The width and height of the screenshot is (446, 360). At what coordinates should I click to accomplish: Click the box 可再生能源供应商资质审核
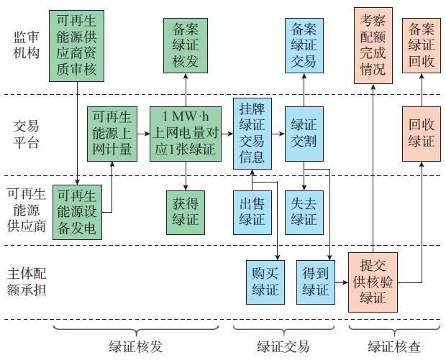click(78, 45)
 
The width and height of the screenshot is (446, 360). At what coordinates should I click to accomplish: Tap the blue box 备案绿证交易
click(302, 45)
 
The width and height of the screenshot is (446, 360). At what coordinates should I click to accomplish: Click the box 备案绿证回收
click(422, 45)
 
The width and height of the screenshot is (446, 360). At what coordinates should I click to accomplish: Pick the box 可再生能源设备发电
click(78, 212)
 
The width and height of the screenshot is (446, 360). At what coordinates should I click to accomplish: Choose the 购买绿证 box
click(265, 281)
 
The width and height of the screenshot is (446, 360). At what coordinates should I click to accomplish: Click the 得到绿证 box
click(315, 281)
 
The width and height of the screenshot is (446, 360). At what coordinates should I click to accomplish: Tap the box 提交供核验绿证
click(373, 281)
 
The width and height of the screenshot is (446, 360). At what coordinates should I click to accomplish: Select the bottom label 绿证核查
click(393, 347)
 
